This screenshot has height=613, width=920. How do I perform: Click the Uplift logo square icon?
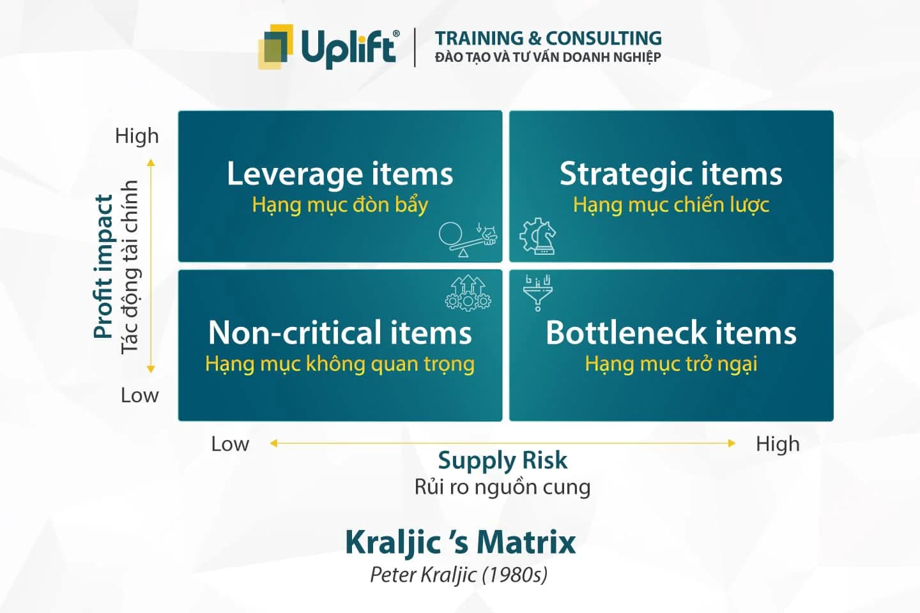pos(275,46)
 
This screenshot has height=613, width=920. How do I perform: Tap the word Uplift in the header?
pos(349,47)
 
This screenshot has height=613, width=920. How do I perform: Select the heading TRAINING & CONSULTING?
pos(548,38)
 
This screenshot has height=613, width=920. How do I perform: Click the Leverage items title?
pos(340,174)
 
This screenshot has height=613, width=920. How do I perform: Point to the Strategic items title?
pos(671,174)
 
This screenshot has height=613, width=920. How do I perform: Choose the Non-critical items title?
pos(340,333)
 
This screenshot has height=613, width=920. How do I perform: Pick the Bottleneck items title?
pos(671,333)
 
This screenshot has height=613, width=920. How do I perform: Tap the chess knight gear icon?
pos(537,236)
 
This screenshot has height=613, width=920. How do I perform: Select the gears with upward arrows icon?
pos(468,293)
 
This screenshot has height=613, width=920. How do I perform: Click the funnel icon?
pos(537,293)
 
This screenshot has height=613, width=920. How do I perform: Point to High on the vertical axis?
pos(137,136)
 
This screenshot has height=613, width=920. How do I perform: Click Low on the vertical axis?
pos(139,395)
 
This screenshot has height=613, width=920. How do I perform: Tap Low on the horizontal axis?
pos(230,444)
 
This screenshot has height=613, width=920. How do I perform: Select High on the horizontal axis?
pos(778,444)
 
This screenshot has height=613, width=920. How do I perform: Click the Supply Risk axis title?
pos(502,460)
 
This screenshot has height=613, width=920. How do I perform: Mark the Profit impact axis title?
pos(103,266)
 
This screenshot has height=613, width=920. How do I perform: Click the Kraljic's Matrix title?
pos(460,542)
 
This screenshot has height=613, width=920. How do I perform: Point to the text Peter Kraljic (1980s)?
pos(459,575)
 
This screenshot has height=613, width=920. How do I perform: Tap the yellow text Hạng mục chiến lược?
pos(671,205)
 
